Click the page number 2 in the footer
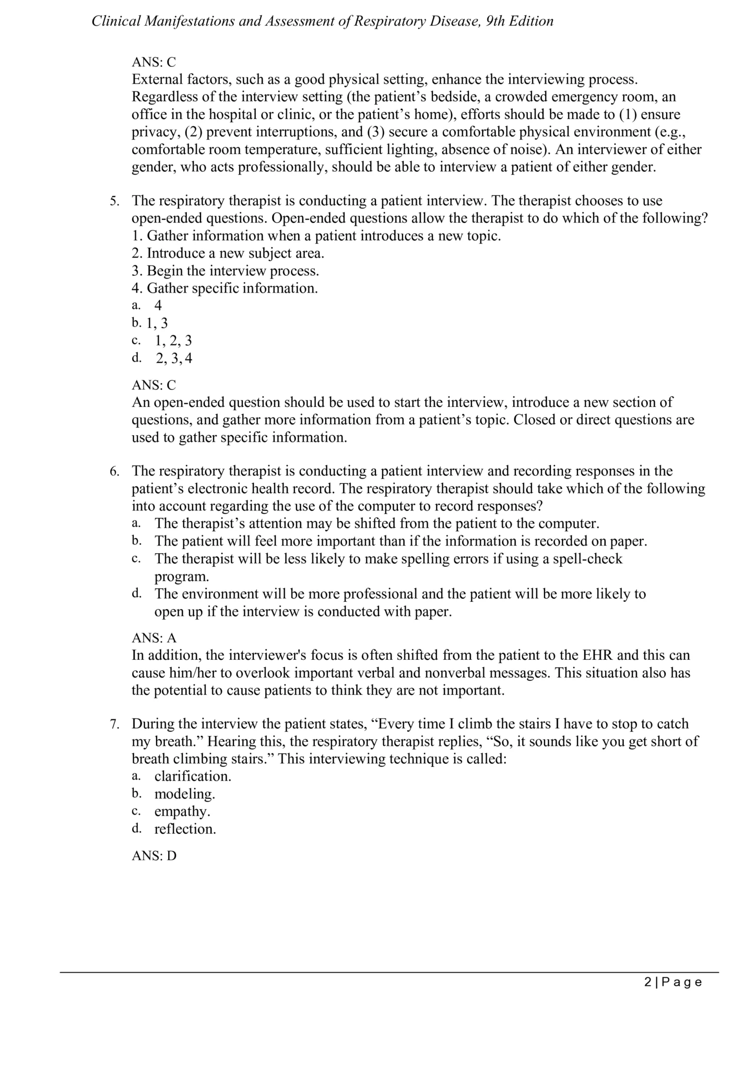648,982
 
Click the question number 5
114,201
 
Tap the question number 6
114,471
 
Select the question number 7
114,724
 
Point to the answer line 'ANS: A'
154,638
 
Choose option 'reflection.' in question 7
185,829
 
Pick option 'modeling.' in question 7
184,794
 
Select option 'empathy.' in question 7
182,811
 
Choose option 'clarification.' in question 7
193,776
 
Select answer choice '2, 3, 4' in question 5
174,358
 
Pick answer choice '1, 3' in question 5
157,323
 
